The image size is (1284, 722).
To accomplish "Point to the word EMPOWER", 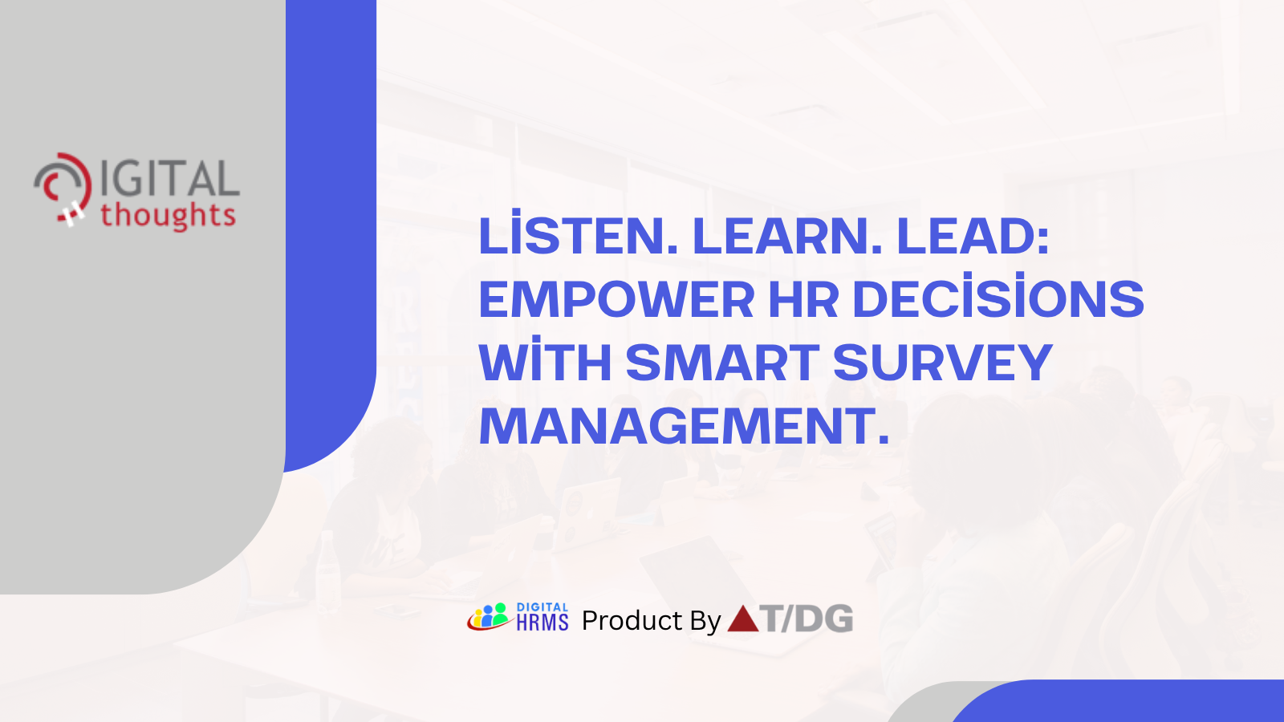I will (616, 300).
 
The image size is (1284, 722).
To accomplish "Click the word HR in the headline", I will (803, 300).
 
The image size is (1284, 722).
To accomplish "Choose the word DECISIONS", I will (998, 300).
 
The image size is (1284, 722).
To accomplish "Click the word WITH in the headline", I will (545, 363).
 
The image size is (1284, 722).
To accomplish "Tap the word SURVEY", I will (942, 363).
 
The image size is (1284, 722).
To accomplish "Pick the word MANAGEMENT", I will (684, 426).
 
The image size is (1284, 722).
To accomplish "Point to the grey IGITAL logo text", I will (169, 178).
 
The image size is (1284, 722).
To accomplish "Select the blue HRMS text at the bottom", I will (542, 623).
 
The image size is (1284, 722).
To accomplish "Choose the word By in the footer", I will (705, 621).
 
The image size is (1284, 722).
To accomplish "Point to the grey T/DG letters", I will (807, 619).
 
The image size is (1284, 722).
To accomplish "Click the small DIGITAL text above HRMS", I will (542, 607).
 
